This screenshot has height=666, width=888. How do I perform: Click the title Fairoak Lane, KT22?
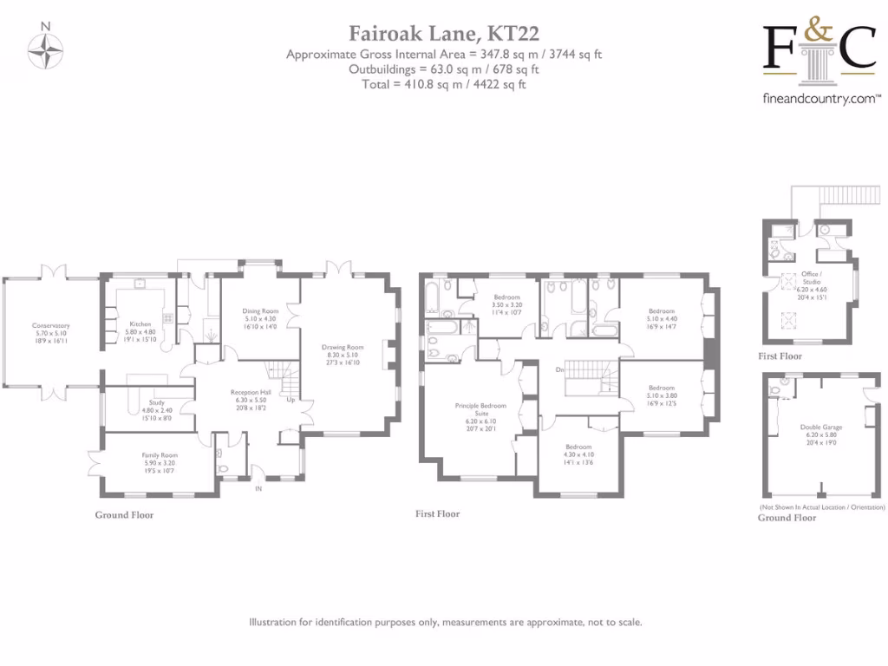(x=444, y=34)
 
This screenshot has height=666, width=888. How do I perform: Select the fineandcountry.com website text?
(x=822, y=100)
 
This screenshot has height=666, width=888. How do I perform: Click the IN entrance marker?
(x=258, y=489)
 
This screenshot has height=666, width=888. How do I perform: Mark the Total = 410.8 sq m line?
(x=444, y=84)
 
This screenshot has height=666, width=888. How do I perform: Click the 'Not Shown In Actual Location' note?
(x=821, y=506)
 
